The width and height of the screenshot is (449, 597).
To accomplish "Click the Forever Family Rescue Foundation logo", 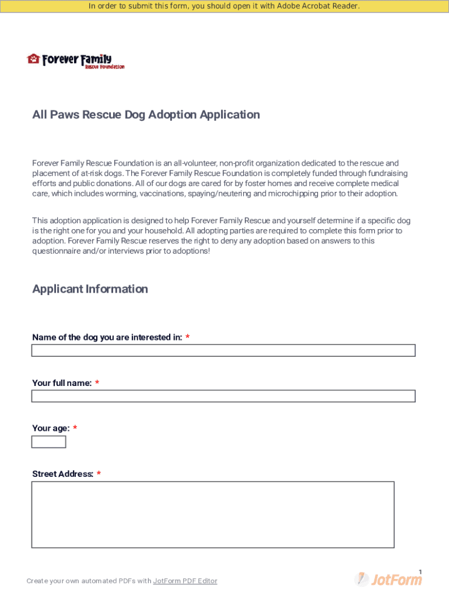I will pos(76,61).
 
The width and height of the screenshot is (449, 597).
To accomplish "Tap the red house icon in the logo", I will pos(33,59).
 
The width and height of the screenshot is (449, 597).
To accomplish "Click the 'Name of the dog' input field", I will pos(223,350).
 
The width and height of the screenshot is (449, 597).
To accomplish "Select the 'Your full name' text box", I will pos(223,396).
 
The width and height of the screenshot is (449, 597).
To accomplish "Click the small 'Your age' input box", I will pos(48,442).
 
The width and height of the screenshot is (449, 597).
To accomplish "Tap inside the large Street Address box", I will pos(213,515).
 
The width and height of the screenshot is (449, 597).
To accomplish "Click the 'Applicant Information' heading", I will pos(90,289).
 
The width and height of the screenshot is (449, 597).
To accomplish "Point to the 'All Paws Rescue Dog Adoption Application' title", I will pos(146,115).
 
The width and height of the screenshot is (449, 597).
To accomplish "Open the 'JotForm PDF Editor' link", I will pos(185,581).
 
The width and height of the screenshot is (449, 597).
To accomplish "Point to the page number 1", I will pos(420,572).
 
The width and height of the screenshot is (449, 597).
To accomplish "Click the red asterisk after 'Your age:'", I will pos(75,429).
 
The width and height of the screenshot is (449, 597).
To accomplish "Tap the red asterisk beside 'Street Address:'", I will pos(99,474).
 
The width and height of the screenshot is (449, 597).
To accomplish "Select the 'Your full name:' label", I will pos(62,383).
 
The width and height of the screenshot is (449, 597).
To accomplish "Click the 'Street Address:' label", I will pos(62,474).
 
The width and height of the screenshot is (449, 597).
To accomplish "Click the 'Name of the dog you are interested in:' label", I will pos(107,338).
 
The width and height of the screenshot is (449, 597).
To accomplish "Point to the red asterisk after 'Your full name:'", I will pos(97,383).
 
